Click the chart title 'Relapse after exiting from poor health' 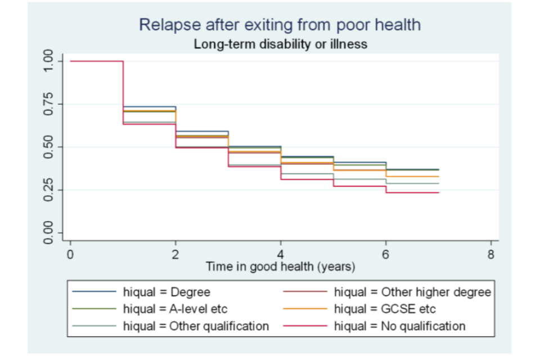280,25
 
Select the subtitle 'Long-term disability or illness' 280,44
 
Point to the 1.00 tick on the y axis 49,61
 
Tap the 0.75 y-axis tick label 49,104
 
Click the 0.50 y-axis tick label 49,147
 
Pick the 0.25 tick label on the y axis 49,190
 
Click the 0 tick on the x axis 70,254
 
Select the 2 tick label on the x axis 175,254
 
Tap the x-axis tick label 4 281,254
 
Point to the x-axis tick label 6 386,254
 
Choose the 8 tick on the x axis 491,254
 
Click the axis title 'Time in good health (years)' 280,267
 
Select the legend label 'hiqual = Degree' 167,292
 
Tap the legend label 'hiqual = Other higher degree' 412,292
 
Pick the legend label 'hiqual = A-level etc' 175,309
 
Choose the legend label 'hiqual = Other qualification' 196,326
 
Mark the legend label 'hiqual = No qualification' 400,326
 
